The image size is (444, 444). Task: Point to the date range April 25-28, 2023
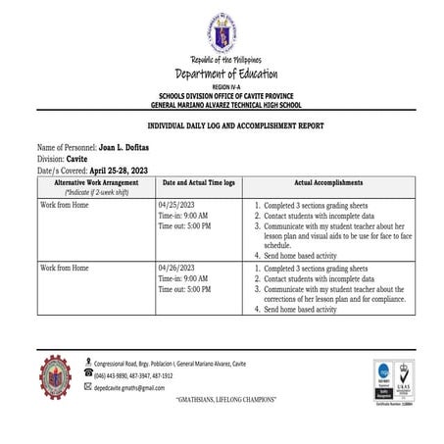point(134,168)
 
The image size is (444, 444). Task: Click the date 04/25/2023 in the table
point(177,206)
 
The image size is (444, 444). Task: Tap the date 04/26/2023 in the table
point(177,269)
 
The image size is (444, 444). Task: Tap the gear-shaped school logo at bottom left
point(55,375)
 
